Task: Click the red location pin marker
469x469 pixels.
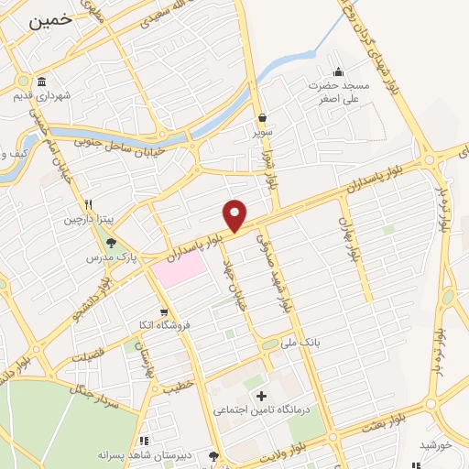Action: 235,214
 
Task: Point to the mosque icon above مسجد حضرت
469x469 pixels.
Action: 338,72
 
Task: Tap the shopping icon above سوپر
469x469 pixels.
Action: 263,117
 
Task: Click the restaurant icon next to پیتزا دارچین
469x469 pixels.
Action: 88,205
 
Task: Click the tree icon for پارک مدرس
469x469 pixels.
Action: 111,243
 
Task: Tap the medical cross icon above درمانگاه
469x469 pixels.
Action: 262,396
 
